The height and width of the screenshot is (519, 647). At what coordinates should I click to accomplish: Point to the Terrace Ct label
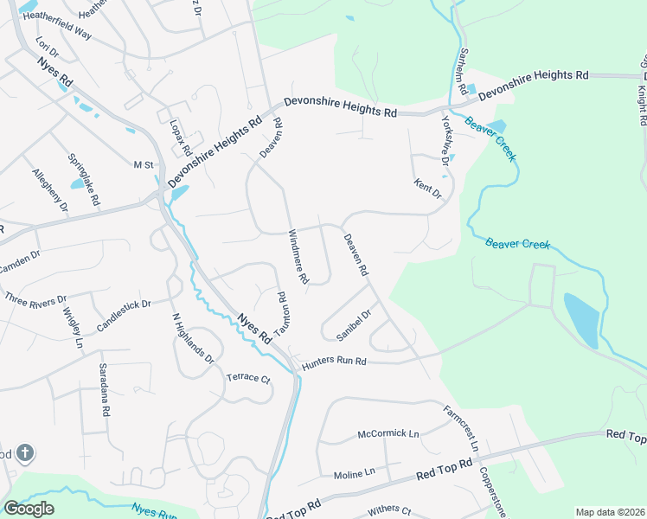[248, 379]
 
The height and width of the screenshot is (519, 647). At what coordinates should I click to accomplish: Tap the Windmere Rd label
[298, 256]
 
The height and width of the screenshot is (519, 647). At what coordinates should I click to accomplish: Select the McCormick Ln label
[388, 433]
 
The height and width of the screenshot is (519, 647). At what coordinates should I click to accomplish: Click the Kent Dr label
[428, 189]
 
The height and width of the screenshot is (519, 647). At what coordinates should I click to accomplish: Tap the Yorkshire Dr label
[447, 140]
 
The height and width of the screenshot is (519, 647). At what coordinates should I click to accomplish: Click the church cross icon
[26, 452]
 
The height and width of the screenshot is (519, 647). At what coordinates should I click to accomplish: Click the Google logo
[29, 509]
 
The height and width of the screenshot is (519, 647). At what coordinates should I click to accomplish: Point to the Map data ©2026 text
[609, 512]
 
